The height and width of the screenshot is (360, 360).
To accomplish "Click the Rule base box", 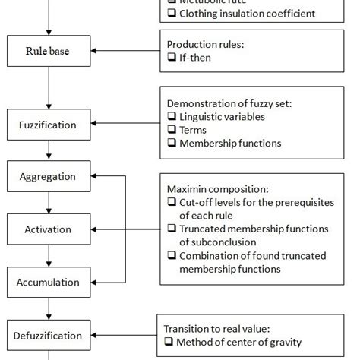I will (48, 51).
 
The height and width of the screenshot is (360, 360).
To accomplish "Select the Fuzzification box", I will (48, 123).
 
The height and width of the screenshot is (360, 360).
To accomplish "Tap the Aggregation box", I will (48, 176).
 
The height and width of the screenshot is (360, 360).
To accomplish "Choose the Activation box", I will (48, 229).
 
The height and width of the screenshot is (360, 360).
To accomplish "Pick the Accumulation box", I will (48, 282).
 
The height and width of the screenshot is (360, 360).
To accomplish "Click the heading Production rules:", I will (204, 44).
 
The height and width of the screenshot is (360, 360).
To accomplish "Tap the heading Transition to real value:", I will (216, 328).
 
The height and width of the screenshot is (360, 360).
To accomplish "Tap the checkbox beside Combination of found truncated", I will (172, 255).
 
